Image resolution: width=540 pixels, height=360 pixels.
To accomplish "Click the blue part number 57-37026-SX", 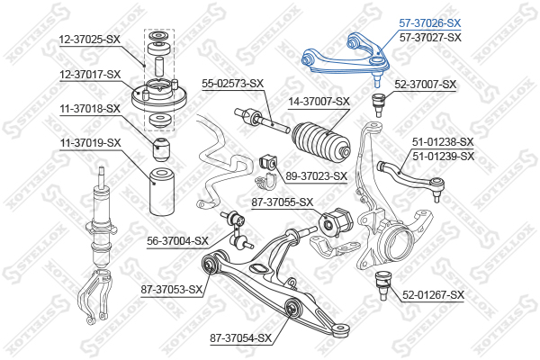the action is (430, 23).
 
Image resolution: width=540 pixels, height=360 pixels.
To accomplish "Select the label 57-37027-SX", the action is (430, 37).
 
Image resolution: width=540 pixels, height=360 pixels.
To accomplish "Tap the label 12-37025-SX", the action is (90, 40).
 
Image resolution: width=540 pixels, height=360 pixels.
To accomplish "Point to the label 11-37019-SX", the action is (91, 142).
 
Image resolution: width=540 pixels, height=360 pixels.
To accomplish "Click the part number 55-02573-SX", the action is (232, 84).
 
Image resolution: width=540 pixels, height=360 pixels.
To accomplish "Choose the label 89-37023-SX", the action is (316, 176).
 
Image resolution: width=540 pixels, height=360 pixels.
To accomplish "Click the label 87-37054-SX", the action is (241, 338).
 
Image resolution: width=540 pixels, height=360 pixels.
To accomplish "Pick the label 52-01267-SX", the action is (433, 295).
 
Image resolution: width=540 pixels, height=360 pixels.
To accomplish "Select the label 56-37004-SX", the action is (177, 241).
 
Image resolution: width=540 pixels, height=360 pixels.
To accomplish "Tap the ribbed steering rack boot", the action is (321, 141).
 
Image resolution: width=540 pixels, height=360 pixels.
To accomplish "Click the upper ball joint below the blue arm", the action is (379, 104).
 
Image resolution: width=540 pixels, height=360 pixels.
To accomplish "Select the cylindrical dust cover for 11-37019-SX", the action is (162, 191).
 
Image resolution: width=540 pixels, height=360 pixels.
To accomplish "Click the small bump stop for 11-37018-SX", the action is (161, 149).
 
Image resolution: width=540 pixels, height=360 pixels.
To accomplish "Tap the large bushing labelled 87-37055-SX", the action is (336, 222).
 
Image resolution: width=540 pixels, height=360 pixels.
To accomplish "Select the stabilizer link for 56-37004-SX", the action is (237, 230).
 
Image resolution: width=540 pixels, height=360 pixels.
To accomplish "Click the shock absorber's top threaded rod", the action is (102, 177).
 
